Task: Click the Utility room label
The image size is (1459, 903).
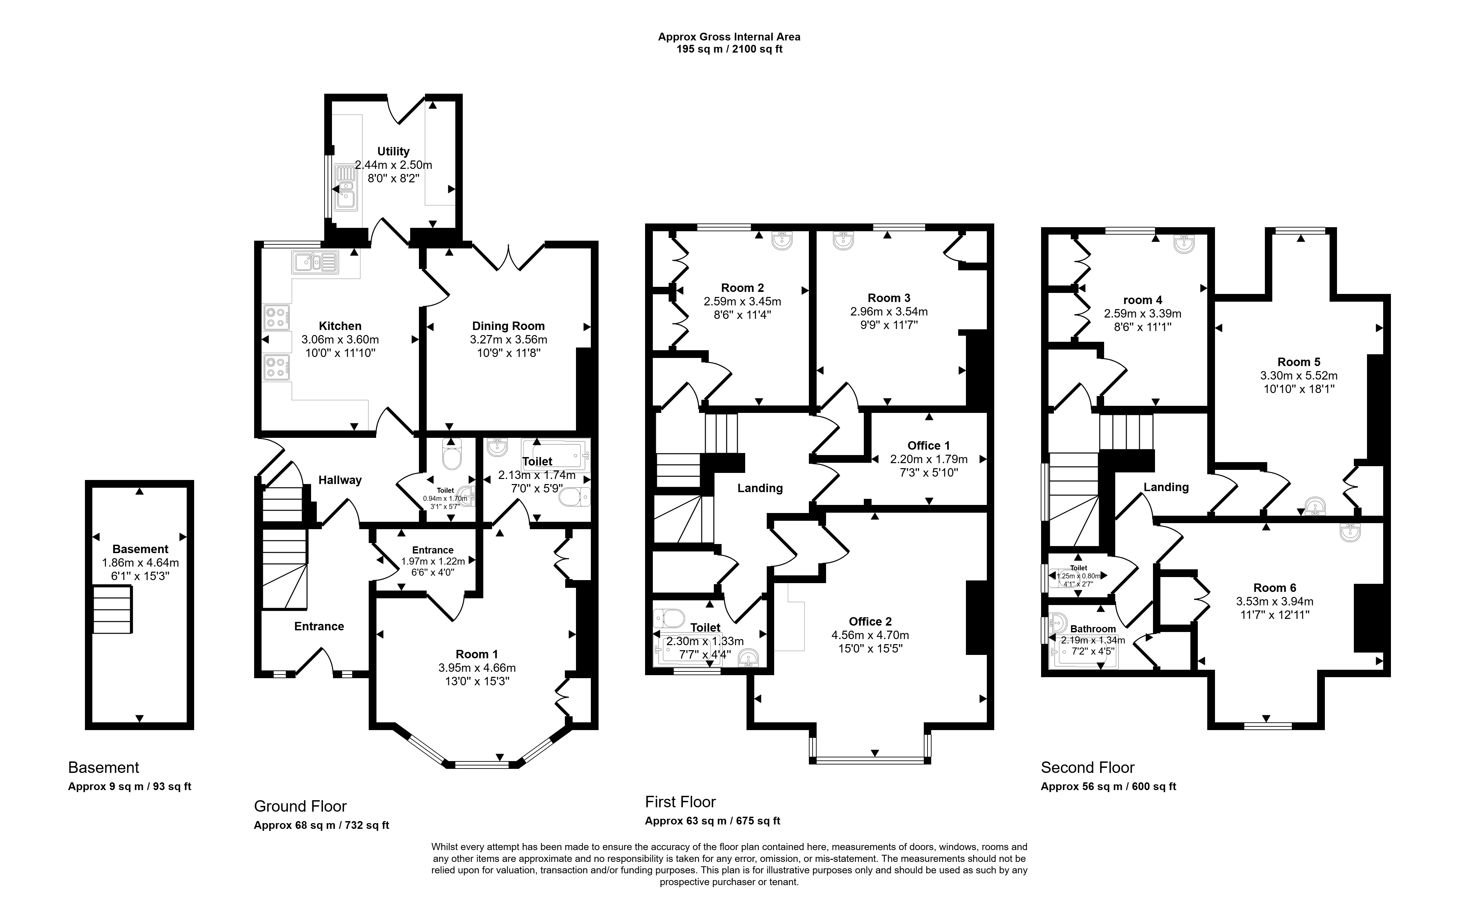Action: [393, 152]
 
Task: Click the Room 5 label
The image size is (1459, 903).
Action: [1299, 362]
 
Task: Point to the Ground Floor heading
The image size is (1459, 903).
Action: [300, 806]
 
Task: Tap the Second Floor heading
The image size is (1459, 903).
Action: [1088, 767]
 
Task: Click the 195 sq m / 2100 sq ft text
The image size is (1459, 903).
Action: [729, 49]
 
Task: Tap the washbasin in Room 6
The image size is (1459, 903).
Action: [1353, 532]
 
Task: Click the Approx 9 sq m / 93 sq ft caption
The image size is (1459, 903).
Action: [129, 786]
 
